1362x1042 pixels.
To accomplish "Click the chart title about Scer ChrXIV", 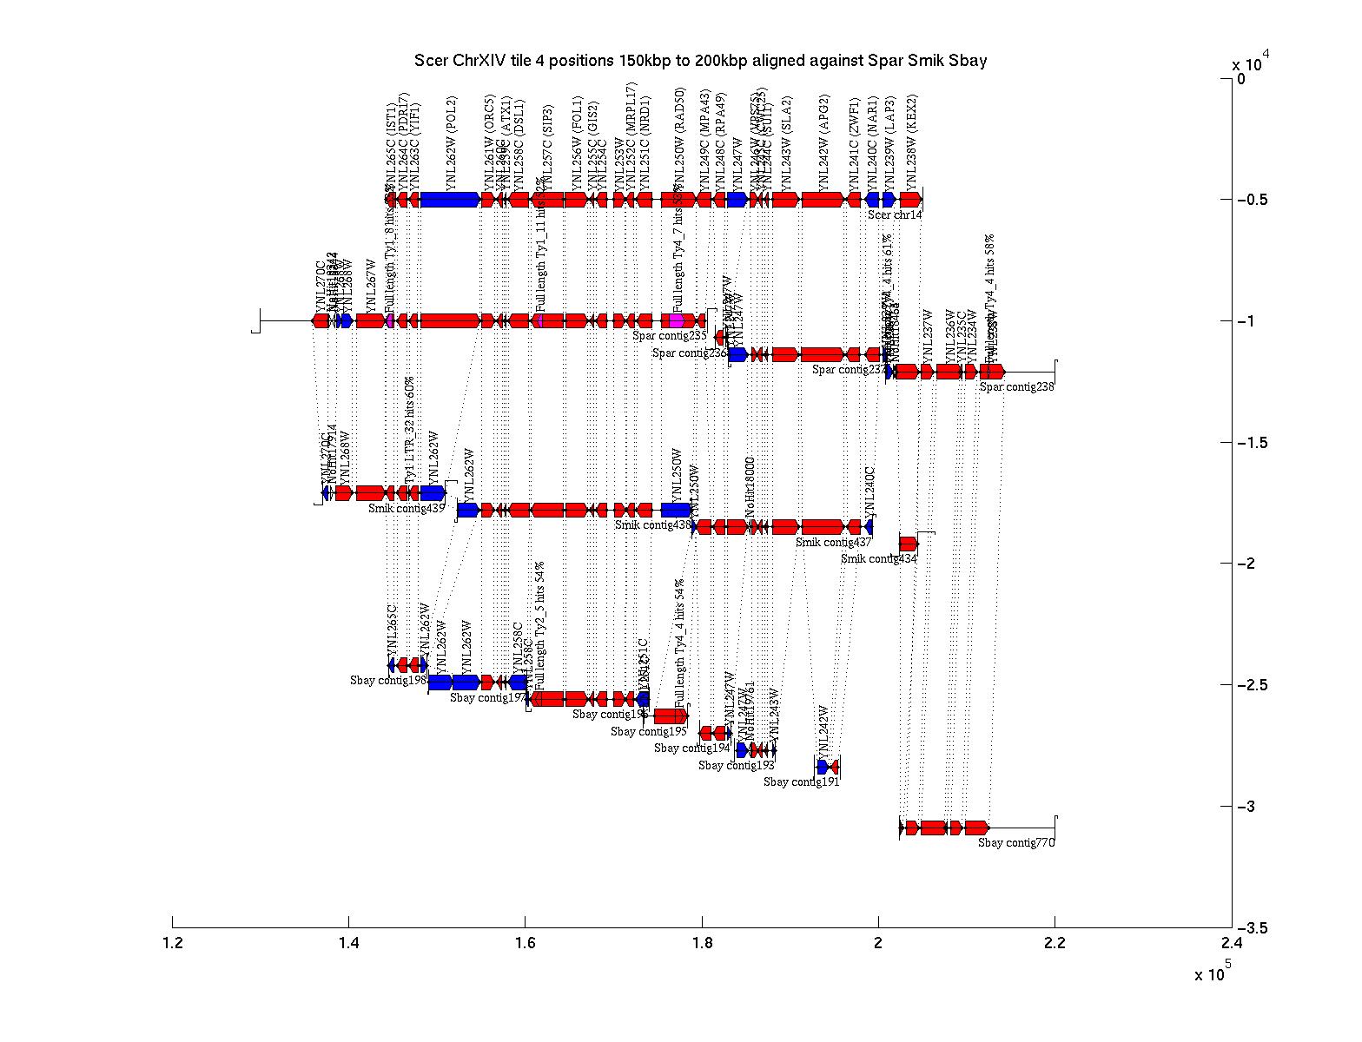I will [x=700, y=61].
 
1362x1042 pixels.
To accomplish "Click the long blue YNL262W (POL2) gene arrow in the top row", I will [x=450, y=200].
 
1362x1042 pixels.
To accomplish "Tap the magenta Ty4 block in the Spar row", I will [x=678, y=320].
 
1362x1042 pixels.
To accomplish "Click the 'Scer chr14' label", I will [x=895, y=215].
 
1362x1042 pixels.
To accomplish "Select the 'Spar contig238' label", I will [x=1016, y=387].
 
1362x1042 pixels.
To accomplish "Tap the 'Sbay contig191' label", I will [x=801, y=781].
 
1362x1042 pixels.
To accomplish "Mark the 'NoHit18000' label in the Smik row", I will [x=750, y=488].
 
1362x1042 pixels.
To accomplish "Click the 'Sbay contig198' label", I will [x=388, y=681].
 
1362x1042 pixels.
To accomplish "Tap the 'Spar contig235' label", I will [x=670, y=336].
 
